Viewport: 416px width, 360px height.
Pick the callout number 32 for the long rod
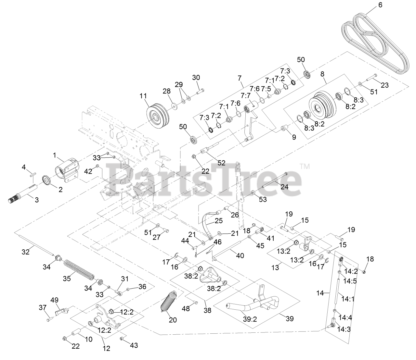pos(26,251)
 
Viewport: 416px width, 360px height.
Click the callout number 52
pos(221,163)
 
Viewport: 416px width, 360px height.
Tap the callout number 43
pos(134,345)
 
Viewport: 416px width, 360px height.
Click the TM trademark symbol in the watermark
pos(305,167)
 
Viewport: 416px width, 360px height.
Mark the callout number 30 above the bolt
pos(196,78)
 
